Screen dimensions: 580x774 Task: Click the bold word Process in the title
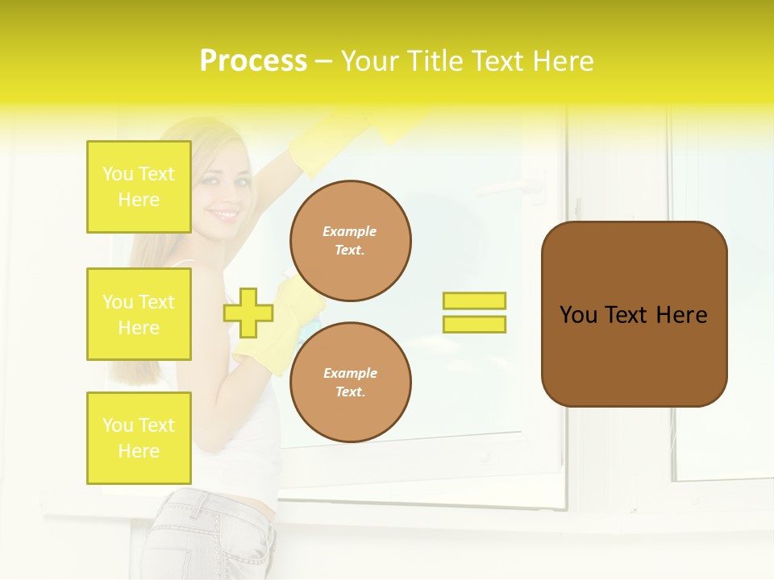(x=253, y=61)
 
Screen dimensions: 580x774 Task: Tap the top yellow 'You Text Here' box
(x=139, y=187)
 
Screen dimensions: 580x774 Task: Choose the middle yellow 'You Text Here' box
(x=139, y=314)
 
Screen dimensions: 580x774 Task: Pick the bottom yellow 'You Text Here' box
(x=139, y=438)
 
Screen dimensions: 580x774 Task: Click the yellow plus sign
(x=248, y=313)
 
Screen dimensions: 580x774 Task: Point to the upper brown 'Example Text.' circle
(x=351, y=241)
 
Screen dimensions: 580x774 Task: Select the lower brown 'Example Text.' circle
(x=351, y=383)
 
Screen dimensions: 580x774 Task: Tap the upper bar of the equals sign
(x=474, y=300)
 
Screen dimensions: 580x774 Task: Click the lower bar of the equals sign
(x=474, y=324)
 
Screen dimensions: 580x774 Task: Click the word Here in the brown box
(x=681, y=315)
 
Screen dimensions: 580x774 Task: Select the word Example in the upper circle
(x=350, y=231)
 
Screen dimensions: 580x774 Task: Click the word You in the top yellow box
(x=117, y=174)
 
